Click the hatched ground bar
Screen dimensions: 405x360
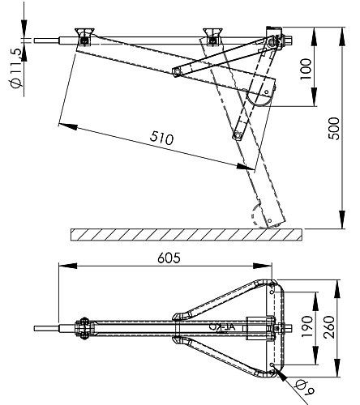point(186,234)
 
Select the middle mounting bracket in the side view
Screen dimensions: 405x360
point(214,36)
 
